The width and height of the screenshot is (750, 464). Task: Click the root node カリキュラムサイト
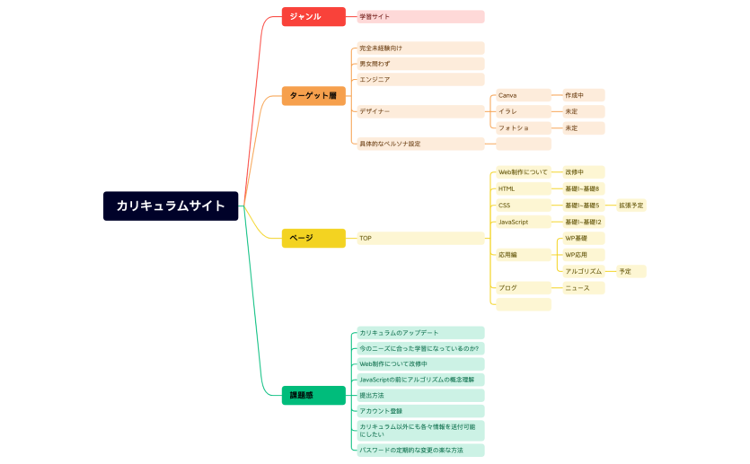[171, 206]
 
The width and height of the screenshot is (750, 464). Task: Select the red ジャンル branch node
[313, 16]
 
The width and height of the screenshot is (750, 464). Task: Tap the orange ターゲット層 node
[313, 95]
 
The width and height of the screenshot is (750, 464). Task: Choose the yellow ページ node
[313, 238]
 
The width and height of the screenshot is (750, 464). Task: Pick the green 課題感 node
[313, 395]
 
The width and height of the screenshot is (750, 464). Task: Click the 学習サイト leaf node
[420, 16]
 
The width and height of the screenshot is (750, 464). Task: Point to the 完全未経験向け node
[420, 48]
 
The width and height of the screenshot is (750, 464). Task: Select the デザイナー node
[420, 111]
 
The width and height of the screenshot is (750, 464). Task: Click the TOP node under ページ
[420, 238]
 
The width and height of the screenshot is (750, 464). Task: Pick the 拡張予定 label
[631, 206]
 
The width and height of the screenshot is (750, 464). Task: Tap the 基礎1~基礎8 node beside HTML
[582, 188]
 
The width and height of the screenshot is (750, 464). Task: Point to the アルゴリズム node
[584, 271]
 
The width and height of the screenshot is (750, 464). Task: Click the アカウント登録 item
[420, 411]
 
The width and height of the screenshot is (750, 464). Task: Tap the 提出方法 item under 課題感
[420, 395]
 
